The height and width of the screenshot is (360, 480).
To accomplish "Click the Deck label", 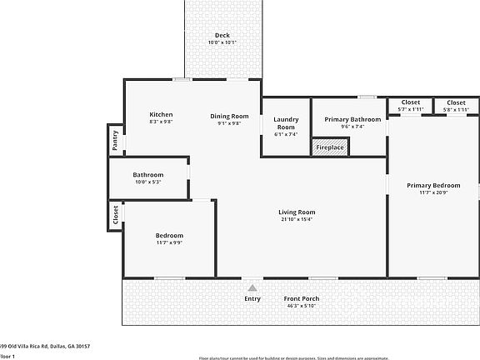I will coord(222,35).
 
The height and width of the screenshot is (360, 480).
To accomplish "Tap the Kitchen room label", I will coord(161,115).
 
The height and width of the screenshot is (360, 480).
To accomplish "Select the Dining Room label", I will coord(229,116).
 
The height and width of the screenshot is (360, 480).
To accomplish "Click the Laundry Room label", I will coord(286,123).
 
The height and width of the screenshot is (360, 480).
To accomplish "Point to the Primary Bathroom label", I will coord(352,119).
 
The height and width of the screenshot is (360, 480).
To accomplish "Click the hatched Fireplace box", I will coord(330,147).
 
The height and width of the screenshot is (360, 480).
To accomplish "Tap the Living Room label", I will coord(297,212).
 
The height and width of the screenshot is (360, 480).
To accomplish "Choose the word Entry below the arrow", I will coord(252,299).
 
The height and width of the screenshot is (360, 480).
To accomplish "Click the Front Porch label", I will coord(301,299).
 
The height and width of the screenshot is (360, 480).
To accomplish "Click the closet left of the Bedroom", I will coord(115,216).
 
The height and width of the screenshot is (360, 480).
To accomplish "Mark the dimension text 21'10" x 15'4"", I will coord(297,220).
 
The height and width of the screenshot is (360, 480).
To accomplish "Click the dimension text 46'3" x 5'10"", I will coord(301,307).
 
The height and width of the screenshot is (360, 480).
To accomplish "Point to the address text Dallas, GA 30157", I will coord(68,346).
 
